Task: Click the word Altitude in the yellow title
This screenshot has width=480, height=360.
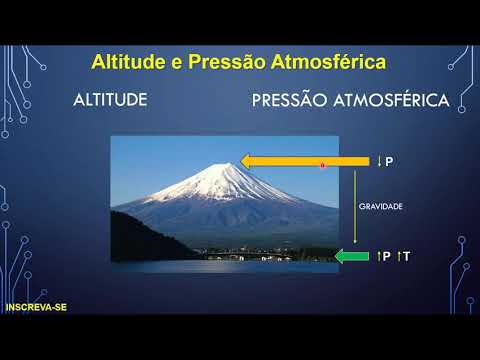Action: tap(128, 62)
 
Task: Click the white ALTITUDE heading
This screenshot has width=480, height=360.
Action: tap(111, 101)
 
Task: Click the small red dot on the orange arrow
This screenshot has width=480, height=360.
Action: tap(322, 165)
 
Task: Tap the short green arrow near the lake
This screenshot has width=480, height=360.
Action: tap(352, 257)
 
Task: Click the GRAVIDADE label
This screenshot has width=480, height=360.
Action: tap(381, 207)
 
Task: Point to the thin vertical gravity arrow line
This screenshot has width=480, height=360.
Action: tap(355, 210)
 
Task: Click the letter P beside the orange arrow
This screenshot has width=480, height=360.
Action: tap(389, 161)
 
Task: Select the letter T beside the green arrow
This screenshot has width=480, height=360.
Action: tap(408, 257)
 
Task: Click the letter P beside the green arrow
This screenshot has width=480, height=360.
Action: tap(387, 257)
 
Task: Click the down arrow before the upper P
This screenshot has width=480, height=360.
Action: tap(380, 161)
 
